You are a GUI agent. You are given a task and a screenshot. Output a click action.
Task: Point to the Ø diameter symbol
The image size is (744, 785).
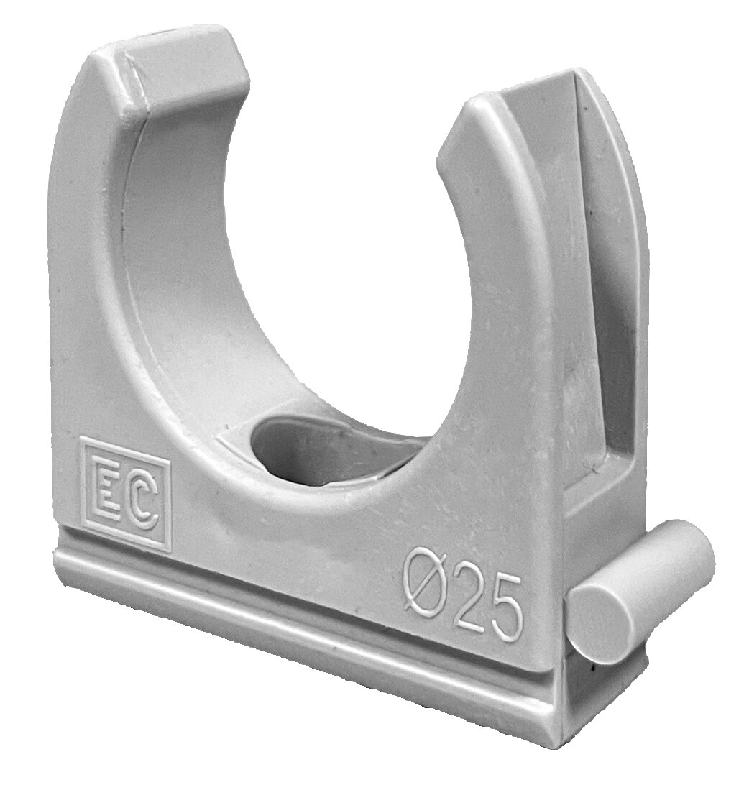coord(425,583)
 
